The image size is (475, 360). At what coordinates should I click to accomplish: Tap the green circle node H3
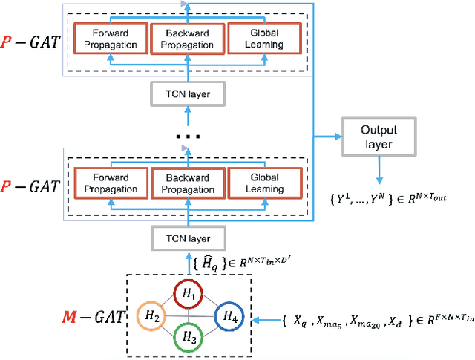[189, 341]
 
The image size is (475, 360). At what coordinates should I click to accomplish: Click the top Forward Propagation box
[111, 39]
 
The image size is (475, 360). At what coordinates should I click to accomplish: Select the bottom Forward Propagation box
[111, 183]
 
